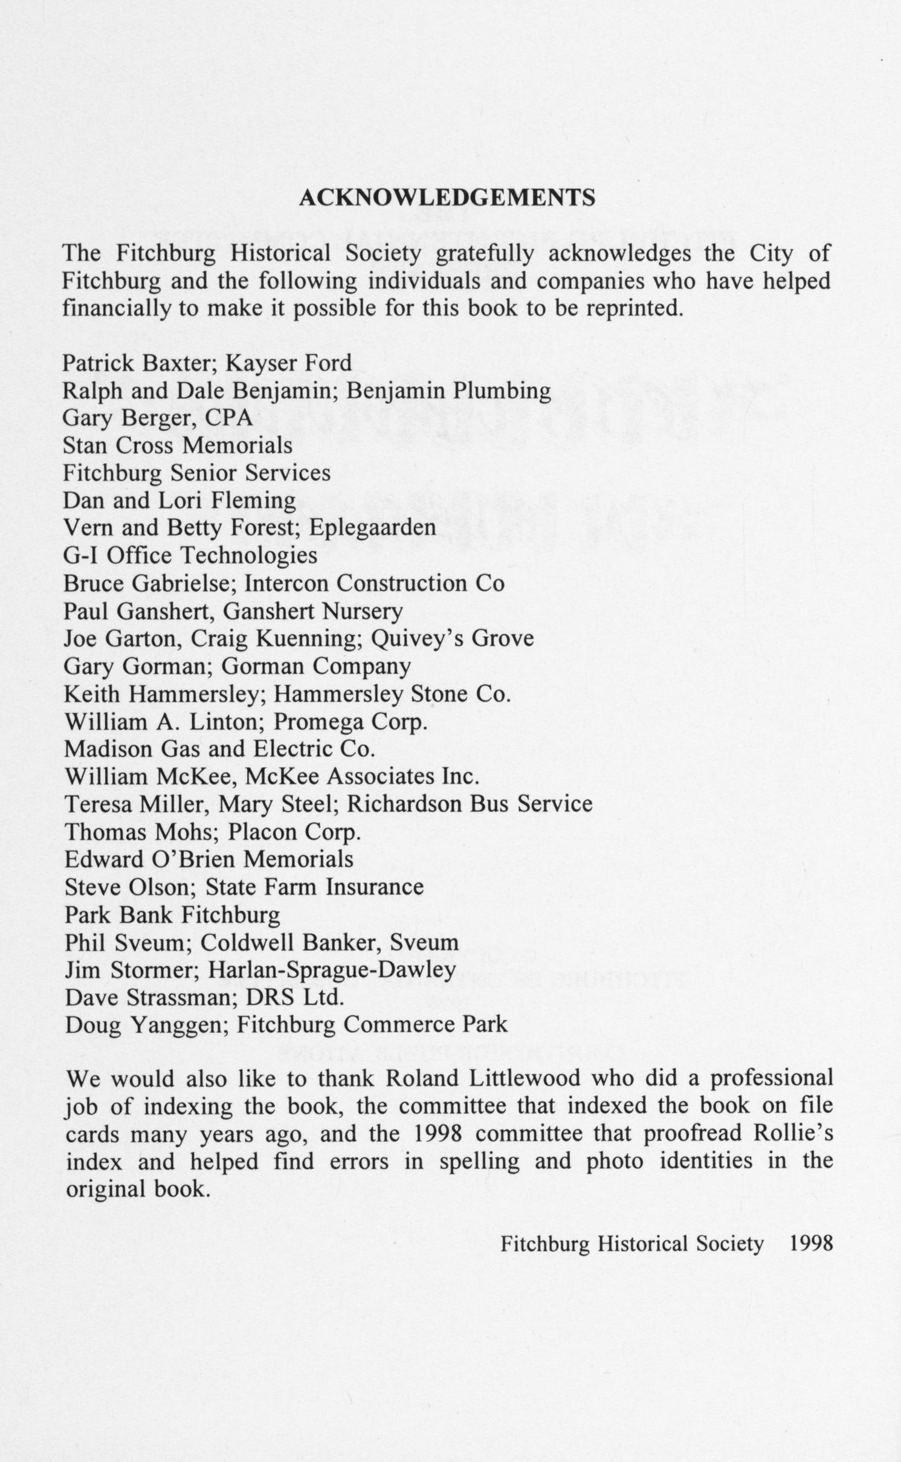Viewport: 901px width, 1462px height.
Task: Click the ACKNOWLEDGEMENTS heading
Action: pyautogui.click(x=447, y=198)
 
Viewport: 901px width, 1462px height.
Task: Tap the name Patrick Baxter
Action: pyautogui.click(x=141, y=363)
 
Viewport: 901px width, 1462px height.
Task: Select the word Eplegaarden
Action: pyautogui.click(x=372, y=528)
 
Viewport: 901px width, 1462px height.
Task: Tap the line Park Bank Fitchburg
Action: pyautogui.click(x=172, y=915)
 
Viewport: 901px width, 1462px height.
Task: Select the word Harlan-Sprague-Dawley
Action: pyautogui.click(x=332, y=970)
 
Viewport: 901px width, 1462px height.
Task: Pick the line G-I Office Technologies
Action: pyautogui.click(x=190, y=555)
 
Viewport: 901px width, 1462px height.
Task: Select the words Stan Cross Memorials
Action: pyautogui.click(x=178, y=445)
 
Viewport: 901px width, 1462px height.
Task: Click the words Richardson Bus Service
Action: pyautogui.click(x=470, y=804)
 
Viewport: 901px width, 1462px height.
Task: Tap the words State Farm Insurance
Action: pyautogui.click(x=314, y=887)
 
